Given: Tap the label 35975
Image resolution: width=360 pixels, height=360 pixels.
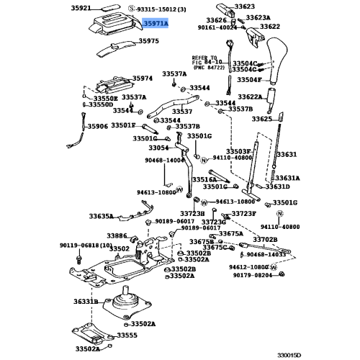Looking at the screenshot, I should click(149, 42).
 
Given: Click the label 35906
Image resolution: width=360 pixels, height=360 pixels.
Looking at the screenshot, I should click(97, 126).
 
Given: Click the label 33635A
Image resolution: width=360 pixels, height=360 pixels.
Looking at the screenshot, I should click(102, 215).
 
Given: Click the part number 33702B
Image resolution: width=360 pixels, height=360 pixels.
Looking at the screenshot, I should click(265, 239).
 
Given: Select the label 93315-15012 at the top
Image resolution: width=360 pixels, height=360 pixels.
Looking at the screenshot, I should click(151, 9).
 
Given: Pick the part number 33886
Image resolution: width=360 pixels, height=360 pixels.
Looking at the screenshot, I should click(117, 235).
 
